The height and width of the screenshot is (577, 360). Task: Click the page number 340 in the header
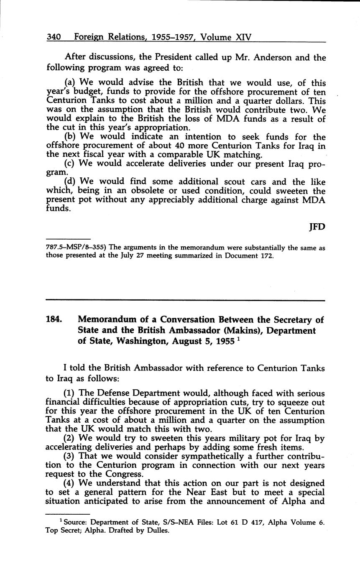[x=54, y=37]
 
